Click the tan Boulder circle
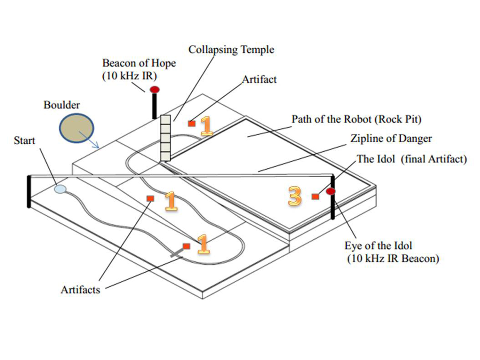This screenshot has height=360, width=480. coord(76,128)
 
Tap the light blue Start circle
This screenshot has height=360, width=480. coord(60,189)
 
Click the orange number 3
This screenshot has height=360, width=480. coord(294,196)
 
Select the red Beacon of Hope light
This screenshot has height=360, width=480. coord(155,89)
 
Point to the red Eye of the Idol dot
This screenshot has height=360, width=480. coord(331,191)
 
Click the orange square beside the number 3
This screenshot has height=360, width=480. coord(316,196)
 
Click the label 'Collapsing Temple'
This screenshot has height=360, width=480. coord(231,50)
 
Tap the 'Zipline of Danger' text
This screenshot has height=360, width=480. coord(391,138)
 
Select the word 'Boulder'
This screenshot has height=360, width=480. coord(61,105)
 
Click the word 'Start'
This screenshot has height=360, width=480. coord(24,140)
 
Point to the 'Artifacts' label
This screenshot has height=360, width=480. coord(80,290)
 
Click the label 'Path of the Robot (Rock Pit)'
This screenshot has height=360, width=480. coord(356,119)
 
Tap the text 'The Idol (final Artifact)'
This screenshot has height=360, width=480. coord(412,159)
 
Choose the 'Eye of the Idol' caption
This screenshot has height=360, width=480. coord(378,245)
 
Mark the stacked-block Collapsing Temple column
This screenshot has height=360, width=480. coord(165,138)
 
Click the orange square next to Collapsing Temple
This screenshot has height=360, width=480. coord(192,124)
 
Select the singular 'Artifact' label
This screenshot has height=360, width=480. coord(259,79)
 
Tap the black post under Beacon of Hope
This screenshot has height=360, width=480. coord(155,106)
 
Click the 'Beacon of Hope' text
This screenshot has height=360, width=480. coord(139,63)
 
